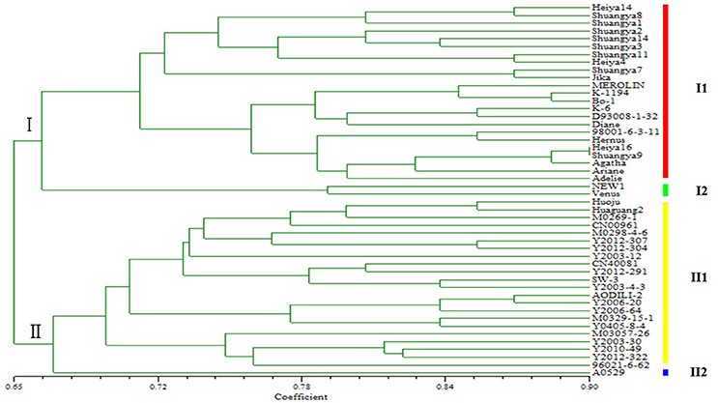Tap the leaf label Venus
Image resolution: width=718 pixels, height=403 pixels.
pyautogui.click(x=605, y=192)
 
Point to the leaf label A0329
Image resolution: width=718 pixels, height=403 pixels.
pyautogui.click(x=606, y=372)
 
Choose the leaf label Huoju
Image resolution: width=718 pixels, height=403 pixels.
pyautogui.click(x=605, y=201)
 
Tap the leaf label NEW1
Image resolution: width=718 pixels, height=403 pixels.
pyautogui.click(x=606, y=184)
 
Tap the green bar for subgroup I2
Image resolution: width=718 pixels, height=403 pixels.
pyautogui.click(x=665, y=188)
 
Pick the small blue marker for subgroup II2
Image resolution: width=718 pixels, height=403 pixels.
pyautogui.click(x=665, y=371)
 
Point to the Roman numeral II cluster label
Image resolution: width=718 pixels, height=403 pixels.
pyautogui.click(x=36, y=332)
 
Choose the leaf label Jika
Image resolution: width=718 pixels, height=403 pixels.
pyautogui.click(x=602, y=76)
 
